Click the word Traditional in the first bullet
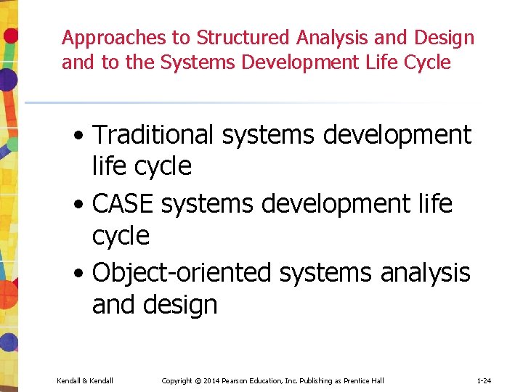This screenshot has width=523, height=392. (153, 134)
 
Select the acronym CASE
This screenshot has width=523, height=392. (123, 204)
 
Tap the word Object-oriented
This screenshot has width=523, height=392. (182, 273)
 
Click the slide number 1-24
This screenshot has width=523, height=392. (485, 380)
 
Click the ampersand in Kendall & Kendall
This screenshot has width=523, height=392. (84, 380)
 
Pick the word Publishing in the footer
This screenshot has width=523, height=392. (314, 380)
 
